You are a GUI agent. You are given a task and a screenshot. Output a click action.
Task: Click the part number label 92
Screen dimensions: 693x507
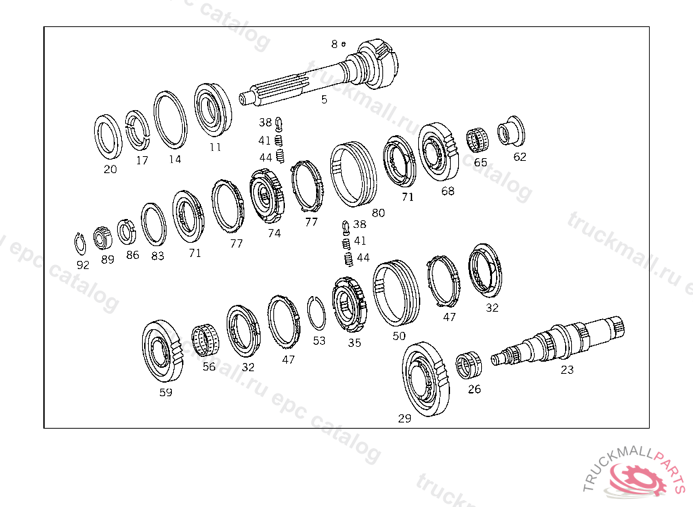tap(83, 265)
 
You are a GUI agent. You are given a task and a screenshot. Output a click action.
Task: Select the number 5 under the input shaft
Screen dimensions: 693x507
tap(324, 99)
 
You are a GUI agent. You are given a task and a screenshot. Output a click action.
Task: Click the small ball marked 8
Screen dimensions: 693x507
tap(344, 44)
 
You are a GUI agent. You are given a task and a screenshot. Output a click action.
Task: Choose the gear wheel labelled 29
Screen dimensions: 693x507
tap(426, 379)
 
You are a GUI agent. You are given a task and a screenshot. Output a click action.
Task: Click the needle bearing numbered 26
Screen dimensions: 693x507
tap(469, 366)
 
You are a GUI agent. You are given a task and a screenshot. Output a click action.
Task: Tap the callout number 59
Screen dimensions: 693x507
tap(166, 392)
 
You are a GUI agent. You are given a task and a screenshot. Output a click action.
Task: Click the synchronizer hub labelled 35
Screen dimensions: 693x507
tap(349, 305)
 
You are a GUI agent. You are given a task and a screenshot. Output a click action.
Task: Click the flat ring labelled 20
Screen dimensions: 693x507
tap(108, 137)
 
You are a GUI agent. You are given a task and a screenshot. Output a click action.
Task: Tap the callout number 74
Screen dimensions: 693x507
tap(274, 233)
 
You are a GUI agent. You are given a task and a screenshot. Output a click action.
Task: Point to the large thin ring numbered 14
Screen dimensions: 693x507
tap(170, 120)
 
